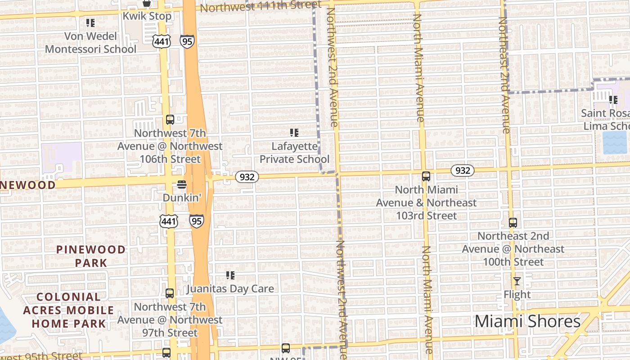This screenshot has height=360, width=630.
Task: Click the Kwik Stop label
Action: coord(147,16)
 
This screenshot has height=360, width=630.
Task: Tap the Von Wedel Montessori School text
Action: coord(90,43)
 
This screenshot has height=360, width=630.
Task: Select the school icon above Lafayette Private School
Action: coord(294,133)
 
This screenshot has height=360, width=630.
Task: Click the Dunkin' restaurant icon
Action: coord(182,184)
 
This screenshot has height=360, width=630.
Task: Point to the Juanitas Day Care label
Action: coord(230,288)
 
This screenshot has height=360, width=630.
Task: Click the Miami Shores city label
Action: coord(527,321)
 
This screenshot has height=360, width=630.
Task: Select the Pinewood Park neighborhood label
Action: coord(91,256)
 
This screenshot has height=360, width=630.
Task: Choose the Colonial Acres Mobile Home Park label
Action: coord(69,310)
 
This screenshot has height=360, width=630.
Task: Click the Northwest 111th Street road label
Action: coord(261,6)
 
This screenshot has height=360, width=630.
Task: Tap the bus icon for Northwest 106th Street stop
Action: coord(170,120)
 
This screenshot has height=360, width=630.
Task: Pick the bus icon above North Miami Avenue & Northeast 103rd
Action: coord(426,176)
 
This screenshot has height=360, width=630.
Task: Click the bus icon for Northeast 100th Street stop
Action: coord(513,222)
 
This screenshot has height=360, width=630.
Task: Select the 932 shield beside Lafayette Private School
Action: coord(247,177)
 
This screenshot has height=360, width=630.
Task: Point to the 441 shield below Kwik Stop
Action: coord(161,41)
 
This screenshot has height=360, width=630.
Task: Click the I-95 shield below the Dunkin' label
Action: coord(196,221)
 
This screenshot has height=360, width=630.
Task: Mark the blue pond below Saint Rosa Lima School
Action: coord(614,143)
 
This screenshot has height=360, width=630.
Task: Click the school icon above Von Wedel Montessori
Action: coord(90,22)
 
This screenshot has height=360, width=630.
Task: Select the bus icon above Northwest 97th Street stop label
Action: coord(170,293)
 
